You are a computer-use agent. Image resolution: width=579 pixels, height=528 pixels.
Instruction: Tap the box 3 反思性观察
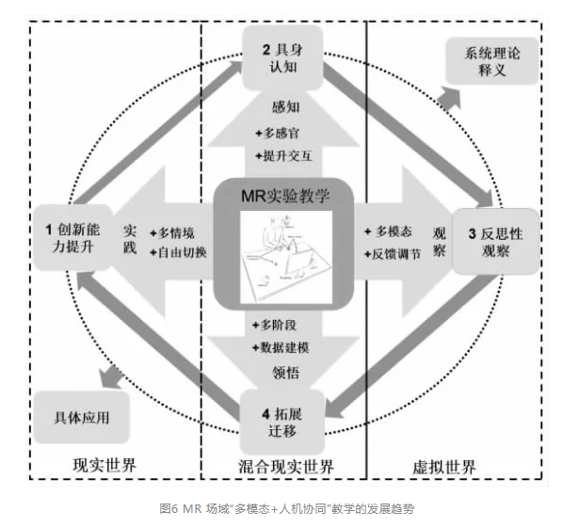[492, 240]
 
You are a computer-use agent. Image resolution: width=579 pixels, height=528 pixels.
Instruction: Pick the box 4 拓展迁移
[282, 419]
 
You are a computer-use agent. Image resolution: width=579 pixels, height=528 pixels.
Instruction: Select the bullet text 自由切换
[181, 252]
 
